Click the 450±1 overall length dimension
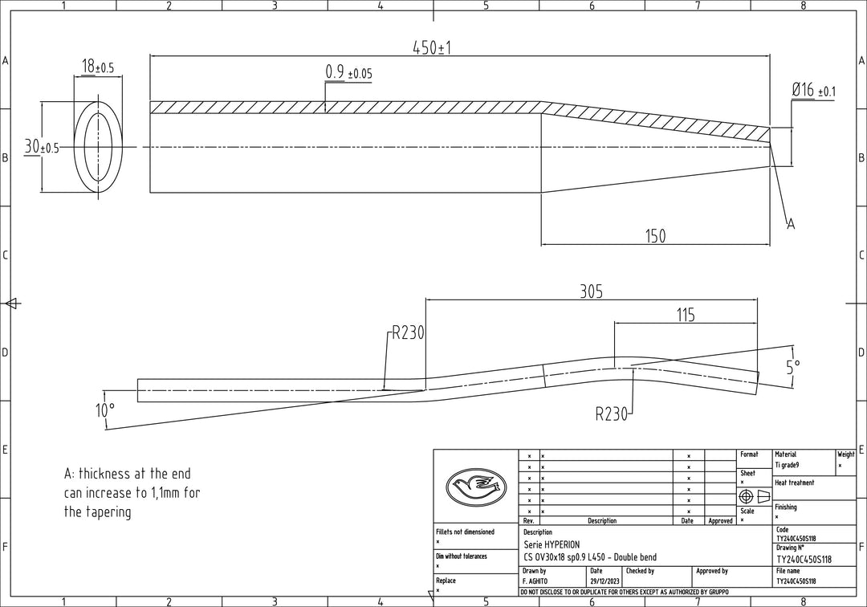click(432, 48)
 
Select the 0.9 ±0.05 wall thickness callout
click(348, 72)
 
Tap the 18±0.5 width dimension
click(98, 67)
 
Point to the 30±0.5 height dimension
click(42, 147)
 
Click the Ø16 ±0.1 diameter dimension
click(813, 90)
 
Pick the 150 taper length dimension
click(655, 236)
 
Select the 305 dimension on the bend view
click(591, 291)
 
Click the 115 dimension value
click(686, 315)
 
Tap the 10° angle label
click(105, 410)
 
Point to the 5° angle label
click(793, 367)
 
